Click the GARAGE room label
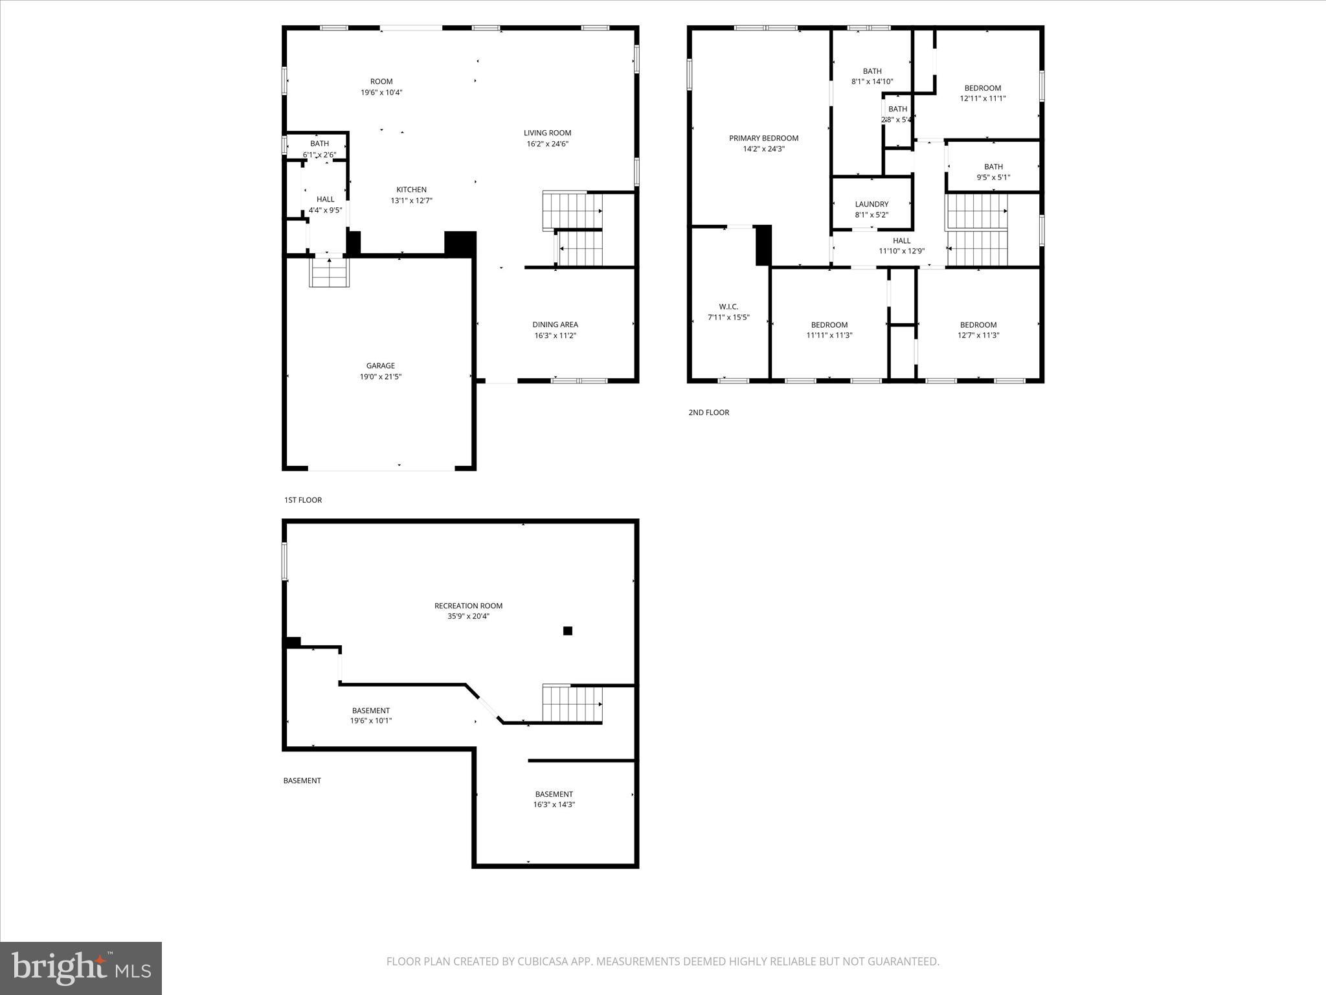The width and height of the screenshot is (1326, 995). click(380, 366)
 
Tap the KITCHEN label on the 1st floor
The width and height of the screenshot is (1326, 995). click(411, 190)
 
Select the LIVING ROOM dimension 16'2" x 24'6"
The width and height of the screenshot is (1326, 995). click(547, 144)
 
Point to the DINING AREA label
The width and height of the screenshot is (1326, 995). click(555, 325)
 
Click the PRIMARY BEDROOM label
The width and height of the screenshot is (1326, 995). click(763, 138)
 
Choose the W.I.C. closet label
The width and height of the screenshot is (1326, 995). click(728, 306)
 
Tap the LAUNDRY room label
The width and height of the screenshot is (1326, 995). click(871, 204)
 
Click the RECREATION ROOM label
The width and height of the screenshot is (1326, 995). click(468, 606)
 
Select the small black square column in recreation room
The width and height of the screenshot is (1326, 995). click(568, 631)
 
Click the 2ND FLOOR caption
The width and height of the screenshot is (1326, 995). click(708, 412)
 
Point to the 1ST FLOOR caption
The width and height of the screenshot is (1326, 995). click(302, 500)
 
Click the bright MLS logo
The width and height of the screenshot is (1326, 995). click(81, 968)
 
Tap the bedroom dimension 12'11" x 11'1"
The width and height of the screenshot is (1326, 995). click(982, 99)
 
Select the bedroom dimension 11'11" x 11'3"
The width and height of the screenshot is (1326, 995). click(829, 336)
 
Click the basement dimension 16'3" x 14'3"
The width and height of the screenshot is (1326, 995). click(554, 805)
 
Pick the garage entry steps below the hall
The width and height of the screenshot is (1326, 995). click(330, 272)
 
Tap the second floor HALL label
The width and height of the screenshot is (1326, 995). click(901, 240)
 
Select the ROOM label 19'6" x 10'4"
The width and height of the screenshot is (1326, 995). click(381, 82)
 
